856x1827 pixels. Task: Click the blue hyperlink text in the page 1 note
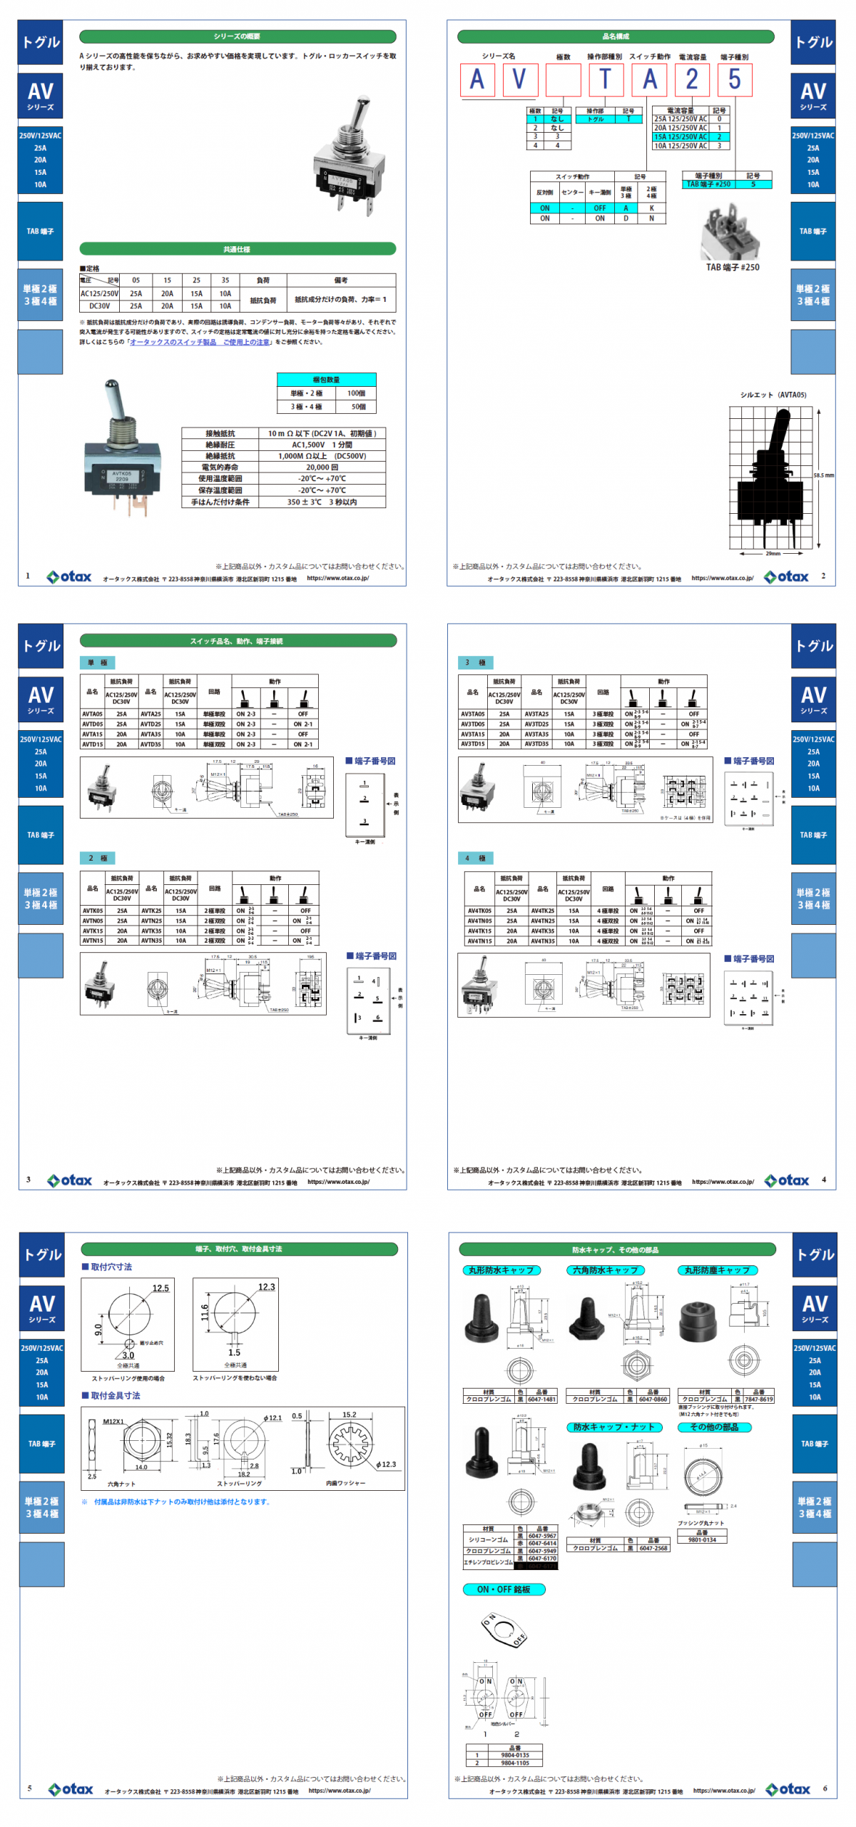(200, 342)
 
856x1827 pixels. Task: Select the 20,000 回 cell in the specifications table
(322, 467)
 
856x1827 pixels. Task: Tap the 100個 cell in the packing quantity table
(356, 393)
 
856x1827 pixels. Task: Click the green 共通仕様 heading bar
(237, 249)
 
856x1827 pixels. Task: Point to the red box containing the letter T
(606, 79)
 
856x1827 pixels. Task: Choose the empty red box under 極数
(563, 79)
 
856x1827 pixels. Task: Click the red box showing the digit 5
(734, 79)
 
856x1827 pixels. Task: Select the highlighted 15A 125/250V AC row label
(681, 136)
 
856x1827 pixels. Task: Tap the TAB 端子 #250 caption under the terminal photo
(733, 268)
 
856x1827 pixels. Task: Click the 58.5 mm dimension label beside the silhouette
(823, 475)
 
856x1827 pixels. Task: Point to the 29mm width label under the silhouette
(773, 553)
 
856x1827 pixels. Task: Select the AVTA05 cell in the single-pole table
(92, 714)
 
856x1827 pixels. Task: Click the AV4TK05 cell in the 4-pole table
(479, 911)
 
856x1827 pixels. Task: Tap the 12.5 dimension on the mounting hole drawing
(160, 1288)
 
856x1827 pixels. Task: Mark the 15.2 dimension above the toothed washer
(349, 1414)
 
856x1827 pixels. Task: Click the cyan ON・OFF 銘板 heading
(504, 1589)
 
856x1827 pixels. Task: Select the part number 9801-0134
(702, 1539)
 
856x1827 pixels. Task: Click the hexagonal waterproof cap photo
(586, 1319)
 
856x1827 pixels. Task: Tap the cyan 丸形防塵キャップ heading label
(717, 1270)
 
